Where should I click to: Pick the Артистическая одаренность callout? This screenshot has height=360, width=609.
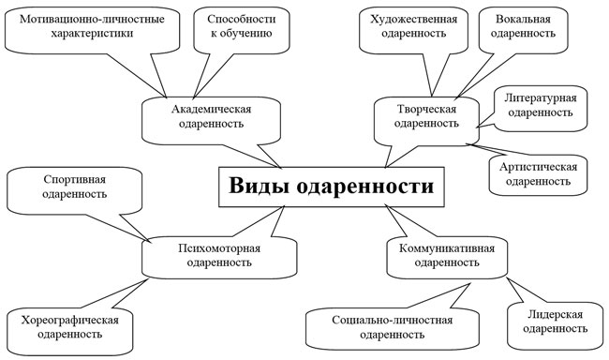tap(537, 172)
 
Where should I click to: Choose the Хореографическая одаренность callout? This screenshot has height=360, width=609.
tap(68, 326)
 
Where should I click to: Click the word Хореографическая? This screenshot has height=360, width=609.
tap(68, 319)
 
